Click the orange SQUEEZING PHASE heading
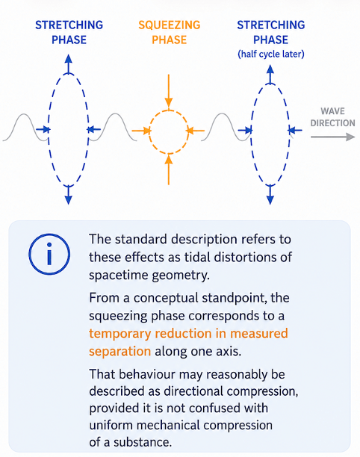[170, 32]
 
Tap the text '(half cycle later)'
[271, 55]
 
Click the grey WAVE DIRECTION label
[332, 117]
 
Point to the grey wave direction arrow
[333, 137]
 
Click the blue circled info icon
[49, 254]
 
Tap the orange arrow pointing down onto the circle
[169, 91]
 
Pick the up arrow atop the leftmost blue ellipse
[68, 63]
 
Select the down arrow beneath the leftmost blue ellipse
[68, 195]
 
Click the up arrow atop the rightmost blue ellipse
[270, 74]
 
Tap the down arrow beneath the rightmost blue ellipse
[270, 195]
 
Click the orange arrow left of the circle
[141, 131]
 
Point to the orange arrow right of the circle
[196, 131]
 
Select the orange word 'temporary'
[120, 334]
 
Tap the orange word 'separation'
[120, 352]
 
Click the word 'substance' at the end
[142, 442]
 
